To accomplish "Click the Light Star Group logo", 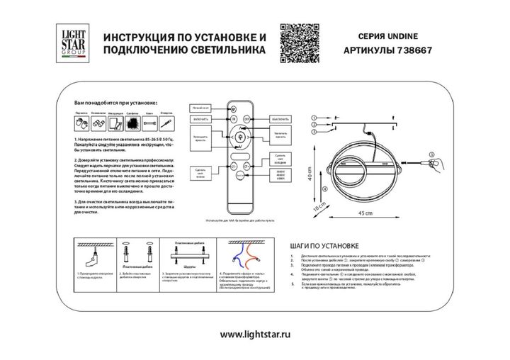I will [x=69, y=43].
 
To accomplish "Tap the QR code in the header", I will [x=300, y=43].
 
